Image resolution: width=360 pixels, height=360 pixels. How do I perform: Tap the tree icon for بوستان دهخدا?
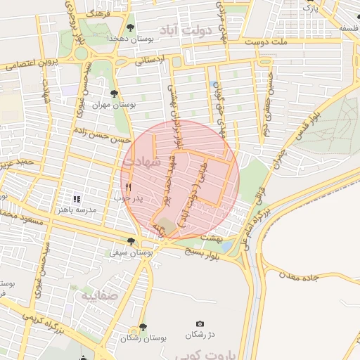pos(130,27)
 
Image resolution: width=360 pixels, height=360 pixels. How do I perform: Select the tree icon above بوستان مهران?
pos(115,92)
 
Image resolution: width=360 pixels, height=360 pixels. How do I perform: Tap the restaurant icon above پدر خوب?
pos(128,187)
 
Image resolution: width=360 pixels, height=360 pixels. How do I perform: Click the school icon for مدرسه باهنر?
pos(77,200)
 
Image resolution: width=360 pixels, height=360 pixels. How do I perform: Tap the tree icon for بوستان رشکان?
pos(143,327)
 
